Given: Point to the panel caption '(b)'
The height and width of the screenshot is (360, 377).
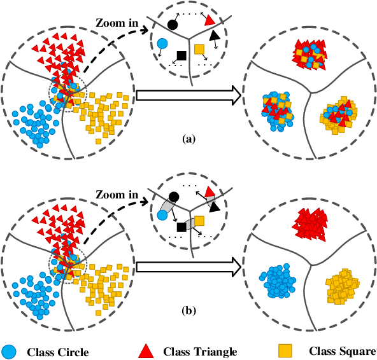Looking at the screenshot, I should [189, 311].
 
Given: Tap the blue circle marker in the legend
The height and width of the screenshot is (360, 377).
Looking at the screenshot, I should [10, 350].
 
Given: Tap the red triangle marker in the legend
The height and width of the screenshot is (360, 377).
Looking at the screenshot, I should [146, 350].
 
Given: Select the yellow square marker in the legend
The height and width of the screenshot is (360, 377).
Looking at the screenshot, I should [287, 350].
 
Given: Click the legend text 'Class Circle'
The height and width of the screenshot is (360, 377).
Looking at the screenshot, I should [58, 351].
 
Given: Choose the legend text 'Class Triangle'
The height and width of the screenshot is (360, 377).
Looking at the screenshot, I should [201, 351].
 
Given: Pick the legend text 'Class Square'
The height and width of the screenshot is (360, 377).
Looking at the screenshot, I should [343, 350].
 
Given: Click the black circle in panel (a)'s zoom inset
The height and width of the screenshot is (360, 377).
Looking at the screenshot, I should [173, 25].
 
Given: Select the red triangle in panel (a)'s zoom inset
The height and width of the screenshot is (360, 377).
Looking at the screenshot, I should [210, 20].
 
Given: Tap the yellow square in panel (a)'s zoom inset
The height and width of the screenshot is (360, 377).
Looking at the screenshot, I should [199, 49].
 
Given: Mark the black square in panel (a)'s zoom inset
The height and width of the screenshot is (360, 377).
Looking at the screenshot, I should [181, 55].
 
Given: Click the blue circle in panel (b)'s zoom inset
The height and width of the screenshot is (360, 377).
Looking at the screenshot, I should [162, 216].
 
